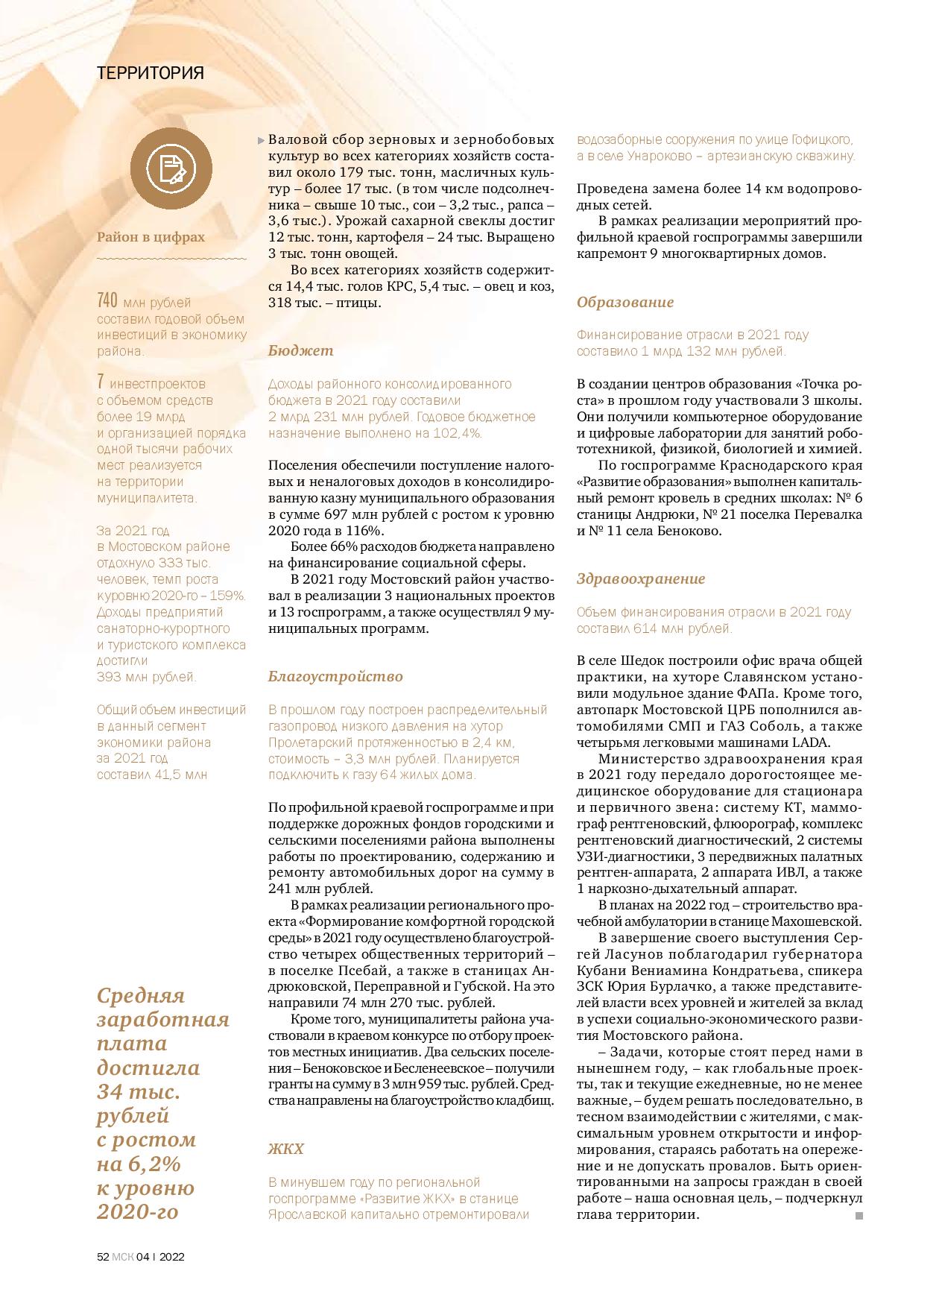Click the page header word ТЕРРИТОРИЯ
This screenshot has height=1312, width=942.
[151, 73]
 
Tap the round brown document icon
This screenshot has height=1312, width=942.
[171, 168]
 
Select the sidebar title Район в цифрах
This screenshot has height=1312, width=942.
[151, 237]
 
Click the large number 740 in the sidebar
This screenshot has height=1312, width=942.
[108, 301]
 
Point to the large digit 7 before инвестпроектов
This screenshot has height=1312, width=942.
[100, 382]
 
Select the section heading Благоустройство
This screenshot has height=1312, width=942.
[335, 676]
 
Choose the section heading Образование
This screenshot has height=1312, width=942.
[625, 302]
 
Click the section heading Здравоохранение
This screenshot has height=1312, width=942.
[641, 578]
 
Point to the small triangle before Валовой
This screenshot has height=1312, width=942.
[260, 140]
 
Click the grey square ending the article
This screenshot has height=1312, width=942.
[859, 1216]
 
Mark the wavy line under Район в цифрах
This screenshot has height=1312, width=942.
[171, 259]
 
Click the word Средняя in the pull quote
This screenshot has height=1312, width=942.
[141, 995]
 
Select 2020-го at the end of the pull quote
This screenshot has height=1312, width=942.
[138, 1211]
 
